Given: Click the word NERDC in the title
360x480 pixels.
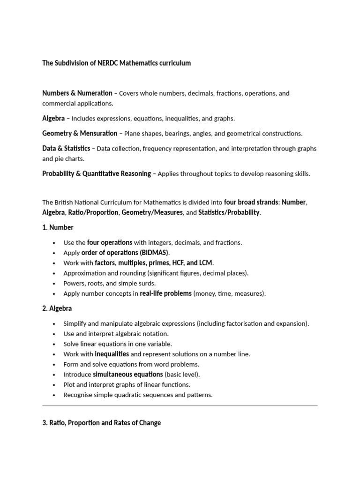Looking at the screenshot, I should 107,63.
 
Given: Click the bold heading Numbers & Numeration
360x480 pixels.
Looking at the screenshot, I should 77,93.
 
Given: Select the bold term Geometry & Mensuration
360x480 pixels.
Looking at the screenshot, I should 80,133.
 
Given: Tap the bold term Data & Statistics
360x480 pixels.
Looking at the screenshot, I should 66,148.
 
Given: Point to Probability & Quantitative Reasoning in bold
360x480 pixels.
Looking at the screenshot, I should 97,173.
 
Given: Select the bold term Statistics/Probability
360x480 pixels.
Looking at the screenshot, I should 229,212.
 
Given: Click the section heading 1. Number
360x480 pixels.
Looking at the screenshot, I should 58,227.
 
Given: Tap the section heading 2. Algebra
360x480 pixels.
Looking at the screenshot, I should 57,308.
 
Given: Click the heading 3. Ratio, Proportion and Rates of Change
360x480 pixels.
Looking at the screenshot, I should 101,422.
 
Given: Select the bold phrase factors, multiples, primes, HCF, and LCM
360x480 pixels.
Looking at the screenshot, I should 154,263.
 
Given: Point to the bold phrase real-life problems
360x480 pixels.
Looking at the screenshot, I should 165,293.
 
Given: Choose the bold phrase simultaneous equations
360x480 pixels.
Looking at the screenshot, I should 127,374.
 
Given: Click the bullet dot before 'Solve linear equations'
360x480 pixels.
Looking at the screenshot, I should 55,344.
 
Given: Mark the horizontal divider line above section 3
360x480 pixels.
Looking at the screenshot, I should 180,405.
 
